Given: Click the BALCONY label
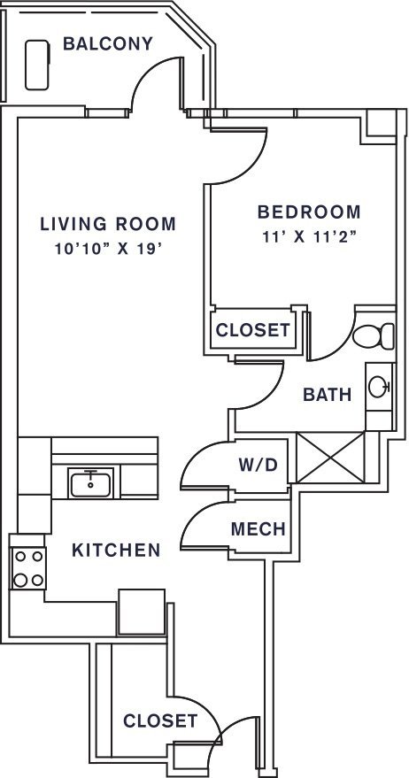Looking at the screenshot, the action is click(x=108, y=43).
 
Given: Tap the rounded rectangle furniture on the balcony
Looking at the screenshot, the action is click(x=37, y=65).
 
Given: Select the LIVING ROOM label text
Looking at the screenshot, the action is click(x=108, y=224).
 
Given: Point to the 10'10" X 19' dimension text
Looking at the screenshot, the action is click(x=109, y=249).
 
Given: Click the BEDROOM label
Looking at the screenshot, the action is click(x=309, y=212).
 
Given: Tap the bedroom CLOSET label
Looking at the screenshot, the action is click(x=252, y=330).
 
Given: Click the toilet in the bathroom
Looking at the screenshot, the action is click(x=374, y=336).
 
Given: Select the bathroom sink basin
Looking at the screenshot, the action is click(x=379, y=387).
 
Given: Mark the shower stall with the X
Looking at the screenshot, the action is click(x=330, y=457).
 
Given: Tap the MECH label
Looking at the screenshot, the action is click(x=259, y=529).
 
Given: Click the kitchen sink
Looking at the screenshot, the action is click(x=90, y=483).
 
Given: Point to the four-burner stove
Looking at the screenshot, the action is click(x=28, y=568).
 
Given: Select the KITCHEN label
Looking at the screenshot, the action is click(x=116, y=550).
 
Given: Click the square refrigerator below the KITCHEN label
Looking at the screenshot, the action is click(x=142, y=612).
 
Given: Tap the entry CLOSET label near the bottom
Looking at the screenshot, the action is click(x=160, y=721).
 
